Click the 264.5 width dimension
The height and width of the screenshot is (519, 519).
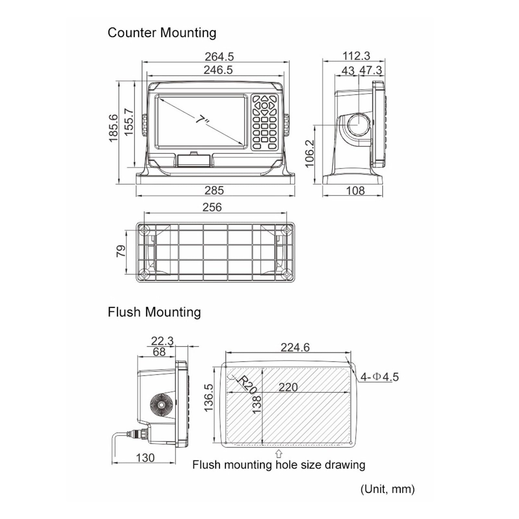click(x=219, y=56)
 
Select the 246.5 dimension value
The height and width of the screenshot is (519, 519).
click(x=218, y=70)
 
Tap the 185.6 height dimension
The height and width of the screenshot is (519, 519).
click(x=113, y=128)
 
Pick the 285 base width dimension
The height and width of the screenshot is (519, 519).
click(x=214, y=190)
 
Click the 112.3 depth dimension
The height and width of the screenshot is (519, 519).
click(x=356, y=56)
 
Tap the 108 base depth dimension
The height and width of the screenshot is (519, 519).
click(x=356, y=190)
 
